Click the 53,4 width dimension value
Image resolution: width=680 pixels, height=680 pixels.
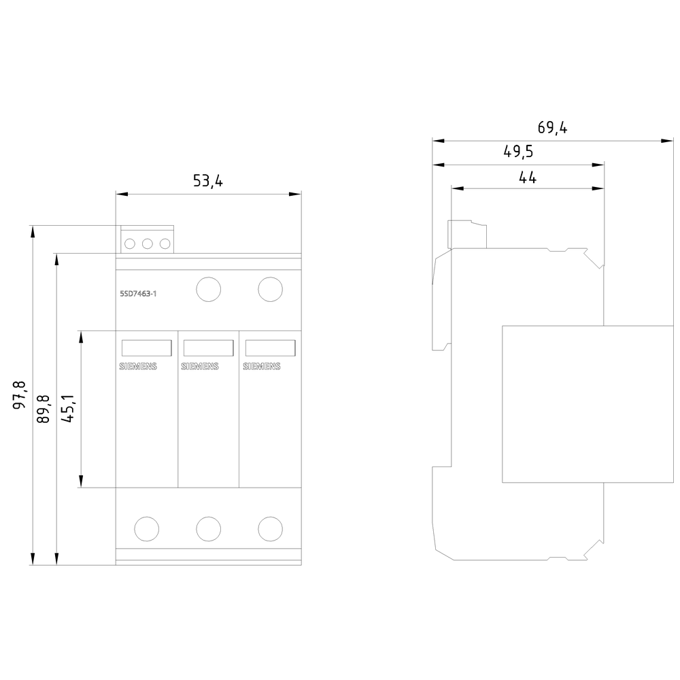coord(208,181)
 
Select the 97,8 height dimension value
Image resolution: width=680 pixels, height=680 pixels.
coord(20,394)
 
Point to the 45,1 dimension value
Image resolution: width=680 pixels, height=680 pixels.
coord(68,409)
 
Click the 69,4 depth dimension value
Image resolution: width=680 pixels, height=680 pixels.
coord(552,128)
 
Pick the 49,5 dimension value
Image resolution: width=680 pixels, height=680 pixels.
coord(518,152)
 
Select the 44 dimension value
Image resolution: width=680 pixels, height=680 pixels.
coord(528,177)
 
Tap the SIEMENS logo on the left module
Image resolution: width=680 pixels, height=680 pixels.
coord(139,367)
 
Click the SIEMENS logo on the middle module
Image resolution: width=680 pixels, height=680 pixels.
coord(200,367)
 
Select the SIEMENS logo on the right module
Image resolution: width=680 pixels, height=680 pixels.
coord(262,367)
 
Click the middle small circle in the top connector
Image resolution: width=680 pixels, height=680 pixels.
coord(148,243)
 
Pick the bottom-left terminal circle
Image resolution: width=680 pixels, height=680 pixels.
coord(147,528)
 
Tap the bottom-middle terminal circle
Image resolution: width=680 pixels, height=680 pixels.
coord(208,528)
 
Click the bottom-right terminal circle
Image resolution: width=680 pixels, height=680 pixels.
coord(270,528)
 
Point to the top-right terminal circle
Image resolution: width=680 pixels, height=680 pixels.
coord(270,289)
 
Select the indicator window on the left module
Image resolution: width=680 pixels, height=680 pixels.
coord(146,347)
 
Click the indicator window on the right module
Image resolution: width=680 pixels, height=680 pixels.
coord(270,347)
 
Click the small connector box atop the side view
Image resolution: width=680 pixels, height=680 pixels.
coord(466,234)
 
